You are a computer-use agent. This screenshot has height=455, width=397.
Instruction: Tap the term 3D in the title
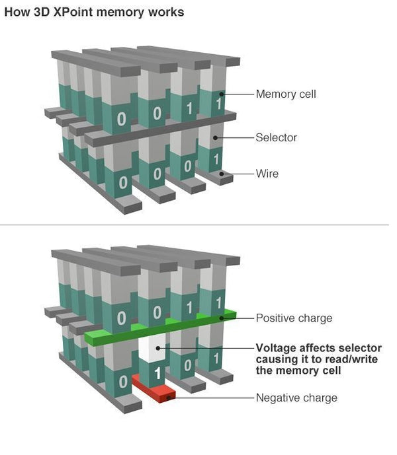point(42,12)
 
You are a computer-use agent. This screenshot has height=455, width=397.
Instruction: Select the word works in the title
point(167,12)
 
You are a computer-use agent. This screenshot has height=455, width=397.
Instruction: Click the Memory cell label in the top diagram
point(286,94)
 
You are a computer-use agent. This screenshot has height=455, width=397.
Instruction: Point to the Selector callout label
point(276,137)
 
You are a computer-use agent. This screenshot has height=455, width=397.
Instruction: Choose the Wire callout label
point(267,174)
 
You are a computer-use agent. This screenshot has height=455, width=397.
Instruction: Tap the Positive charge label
point(294,318)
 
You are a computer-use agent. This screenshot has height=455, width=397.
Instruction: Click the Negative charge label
point(296,398)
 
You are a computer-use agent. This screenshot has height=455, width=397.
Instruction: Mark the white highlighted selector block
point(156,351)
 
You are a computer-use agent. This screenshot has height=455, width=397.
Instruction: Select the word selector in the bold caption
point(359,347)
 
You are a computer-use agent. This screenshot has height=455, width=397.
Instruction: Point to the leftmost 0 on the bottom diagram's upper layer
point(121,318)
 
